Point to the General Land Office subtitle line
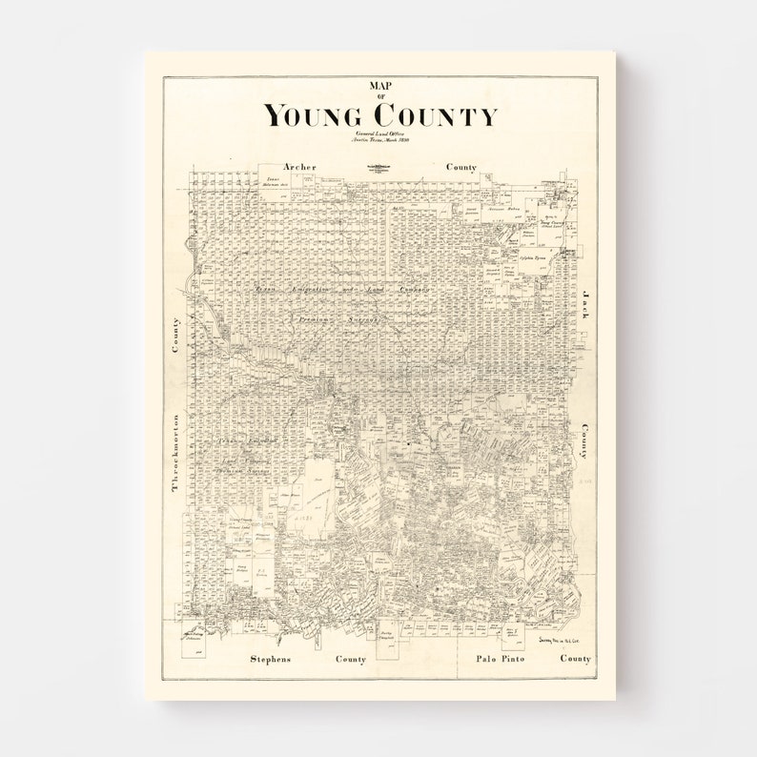coord(378,134)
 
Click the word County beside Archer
coord(461,167)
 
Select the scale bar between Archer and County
coord(378,169)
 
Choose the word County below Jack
coord(583,442)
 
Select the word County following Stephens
coord(350,659)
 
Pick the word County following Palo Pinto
coord(575,659)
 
